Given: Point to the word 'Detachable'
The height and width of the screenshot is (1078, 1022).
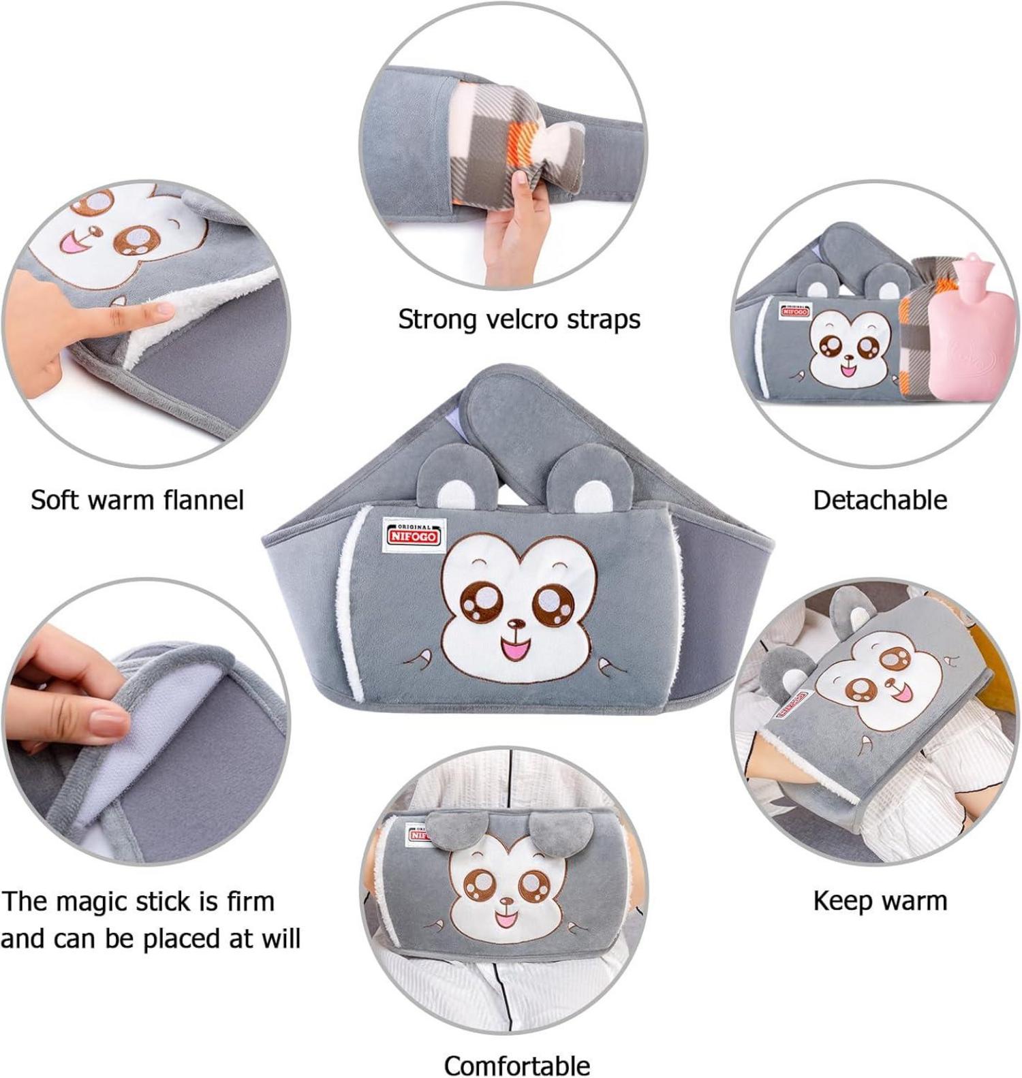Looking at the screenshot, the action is (x=880, y=500).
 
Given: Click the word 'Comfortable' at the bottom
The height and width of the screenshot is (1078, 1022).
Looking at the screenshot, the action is (x=517, y=1064).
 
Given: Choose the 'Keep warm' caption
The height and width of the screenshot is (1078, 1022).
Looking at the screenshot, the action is (x=880, y=900).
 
